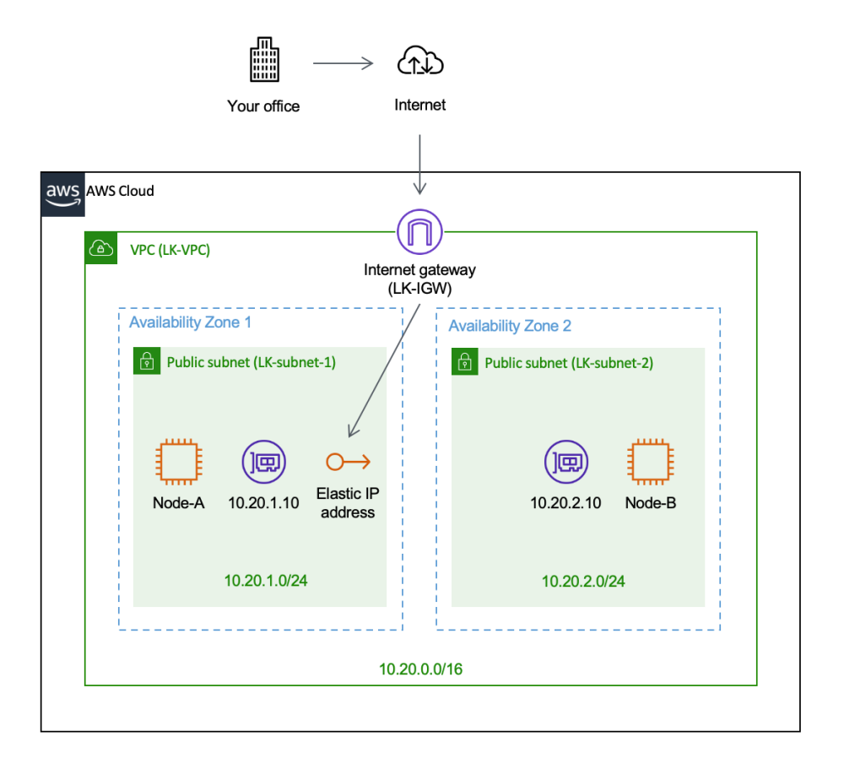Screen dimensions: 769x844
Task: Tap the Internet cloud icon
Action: click(x=420, y=62)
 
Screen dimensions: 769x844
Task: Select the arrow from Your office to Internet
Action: click(x=343, y=63)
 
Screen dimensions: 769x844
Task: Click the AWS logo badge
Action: click(x=62, y=192)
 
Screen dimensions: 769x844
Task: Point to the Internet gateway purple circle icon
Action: click(x=419, y=230)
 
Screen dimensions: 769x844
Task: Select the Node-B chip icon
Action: click(x=650, y=462)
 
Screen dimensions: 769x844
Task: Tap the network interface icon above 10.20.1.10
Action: click(x=263, y=462)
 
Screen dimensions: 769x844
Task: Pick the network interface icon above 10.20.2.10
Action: click(x=565, y=462)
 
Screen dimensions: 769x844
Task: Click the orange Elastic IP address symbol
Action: click(x=347, y=462)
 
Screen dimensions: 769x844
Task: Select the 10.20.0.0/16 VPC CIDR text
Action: click(x=420, y=669)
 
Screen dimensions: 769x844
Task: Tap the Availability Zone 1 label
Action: click(x=190, y=322)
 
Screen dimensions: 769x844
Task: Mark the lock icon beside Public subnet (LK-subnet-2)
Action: click(x=465, y=363)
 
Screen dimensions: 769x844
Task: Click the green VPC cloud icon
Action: click(x=100, y=249)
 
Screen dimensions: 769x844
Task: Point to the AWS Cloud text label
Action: click(x=120, y=191)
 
